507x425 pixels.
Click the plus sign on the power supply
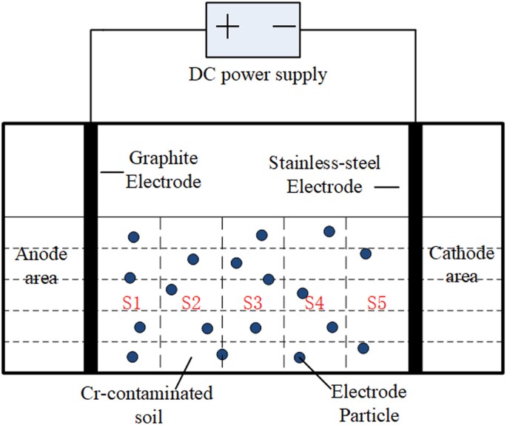coord(228,27)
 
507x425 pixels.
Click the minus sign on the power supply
coord(285,27)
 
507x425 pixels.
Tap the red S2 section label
coord(191,302)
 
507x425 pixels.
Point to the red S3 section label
coord(252,302)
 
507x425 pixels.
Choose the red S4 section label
coord(315,302)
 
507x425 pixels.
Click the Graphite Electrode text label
coord(164,169)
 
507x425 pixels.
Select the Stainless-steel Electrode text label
coord(323,174)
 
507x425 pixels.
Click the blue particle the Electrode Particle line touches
coord(300,358)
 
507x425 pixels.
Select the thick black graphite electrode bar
coord(91,248)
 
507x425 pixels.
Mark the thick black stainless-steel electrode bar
coord(415,248)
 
